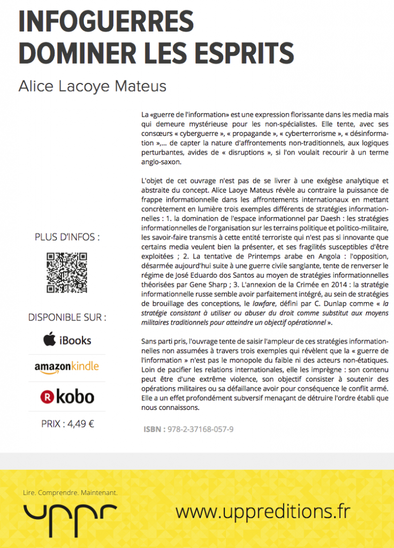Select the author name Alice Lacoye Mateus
tap(93, 86)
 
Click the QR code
tap(67, 272)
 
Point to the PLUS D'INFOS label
tap(67, 237)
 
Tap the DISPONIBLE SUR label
tap(67, 317)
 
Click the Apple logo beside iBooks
tap(50, 340)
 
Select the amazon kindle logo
tap(67, 367)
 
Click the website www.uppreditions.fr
tap(262, 512)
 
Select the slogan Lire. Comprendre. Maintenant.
tap(70, 492)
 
